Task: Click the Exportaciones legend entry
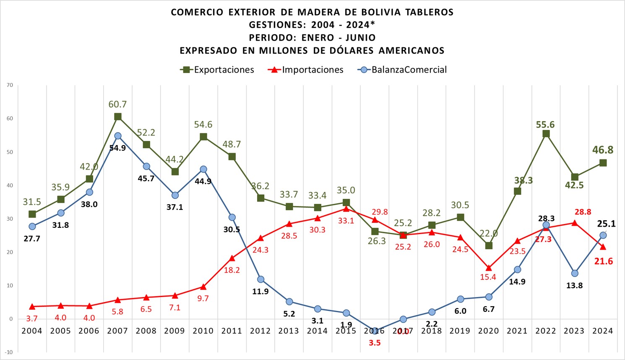218,70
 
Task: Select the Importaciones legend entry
306,70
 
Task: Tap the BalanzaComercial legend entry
403,70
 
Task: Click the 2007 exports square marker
118,117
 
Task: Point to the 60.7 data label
117,104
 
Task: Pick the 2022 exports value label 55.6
545,125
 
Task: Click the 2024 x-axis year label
603,331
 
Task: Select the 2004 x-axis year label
32,331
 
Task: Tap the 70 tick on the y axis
10,85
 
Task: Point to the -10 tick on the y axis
9,352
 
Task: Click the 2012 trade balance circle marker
260,279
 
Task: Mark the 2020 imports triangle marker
489,268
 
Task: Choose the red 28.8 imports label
583,212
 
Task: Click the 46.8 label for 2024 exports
603,150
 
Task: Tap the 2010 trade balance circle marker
203,169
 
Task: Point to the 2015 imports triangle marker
346,209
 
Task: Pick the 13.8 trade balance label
574,285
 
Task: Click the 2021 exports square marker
517,191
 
